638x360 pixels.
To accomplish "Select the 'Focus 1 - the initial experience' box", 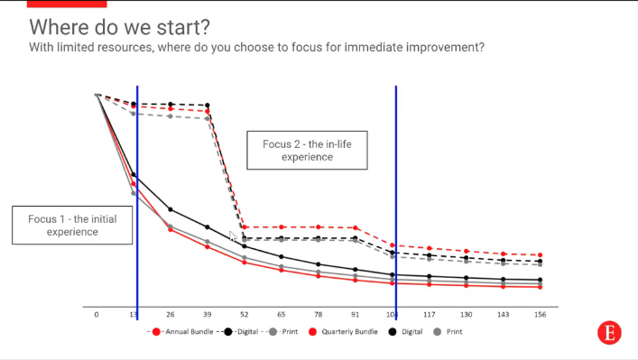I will coord(72,225).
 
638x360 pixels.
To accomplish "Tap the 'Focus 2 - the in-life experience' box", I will coord(307,150).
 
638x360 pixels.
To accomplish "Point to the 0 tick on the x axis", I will coord(97,315).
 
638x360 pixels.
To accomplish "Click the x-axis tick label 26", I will coord(171,315).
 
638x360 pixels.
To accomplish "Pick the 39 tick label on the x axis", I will coord(208,315).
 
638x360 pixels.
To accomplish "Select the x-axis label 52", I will coord(245,315).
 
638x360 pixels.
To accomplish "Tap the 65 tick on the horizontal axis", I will coord(282,315).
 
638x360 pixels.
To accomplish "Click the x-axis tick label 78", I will coord(319,315).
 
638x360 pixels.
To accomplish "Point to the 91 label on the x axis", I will coord(356,315).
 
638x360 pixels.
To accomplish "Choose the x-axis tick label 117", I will coord(430,315).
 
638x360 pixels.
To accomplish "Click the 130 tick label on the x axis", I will coord(467,315).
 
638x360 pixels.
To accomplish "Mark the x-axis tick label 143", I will coord(504,315).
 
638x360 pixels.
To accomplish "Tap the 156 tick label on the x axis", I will coord(541,315).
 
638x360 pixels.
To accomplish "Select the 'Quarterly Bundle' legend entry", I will coord(348,332).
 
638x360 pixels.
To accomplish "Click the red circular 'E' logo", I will coord(609,332).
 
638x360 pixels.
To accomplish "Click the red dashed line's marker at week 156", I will coord(541,255).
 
